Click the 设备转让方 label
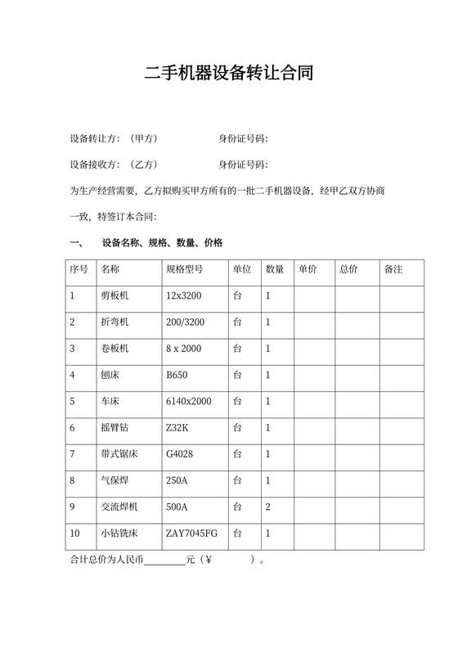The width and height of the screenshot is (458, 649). tap(95, 137)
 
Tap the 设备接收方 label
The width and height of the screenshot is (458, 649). tap(95, 164)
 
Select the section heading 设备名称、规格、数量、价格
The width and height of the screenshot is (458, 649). tap(162, 243)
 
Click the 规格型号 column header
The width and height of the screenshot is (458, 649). tap(184, 269)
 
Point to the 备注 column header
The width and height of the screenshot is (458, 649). tap(393, 269)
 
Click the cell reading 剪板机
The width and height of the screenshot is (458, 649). tap(114, 295)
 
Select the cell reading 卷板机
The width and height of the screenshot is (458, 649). tap(114, 349)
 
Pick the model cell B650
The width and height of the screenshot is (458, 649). tap(177, 375)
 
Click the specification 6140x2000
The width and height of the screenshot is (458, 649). tap(188, 401)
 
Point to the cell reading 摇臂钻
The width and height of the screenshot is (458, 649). tap(114, 428)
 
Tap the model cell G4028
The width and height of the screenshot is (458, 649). tap(179, 454)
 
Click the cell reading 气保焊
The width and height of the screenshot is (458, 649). tap(114, 480)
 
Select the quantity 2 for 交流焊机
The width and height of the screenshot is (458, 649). tap(267, 507)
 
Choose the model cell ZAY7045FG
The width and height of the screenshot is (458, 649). tap(191, 534)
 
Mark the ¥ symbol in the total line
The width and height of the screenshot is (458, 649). tap(209, 561)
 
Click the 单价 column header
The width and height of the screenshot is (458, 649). tap(308, 269)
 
